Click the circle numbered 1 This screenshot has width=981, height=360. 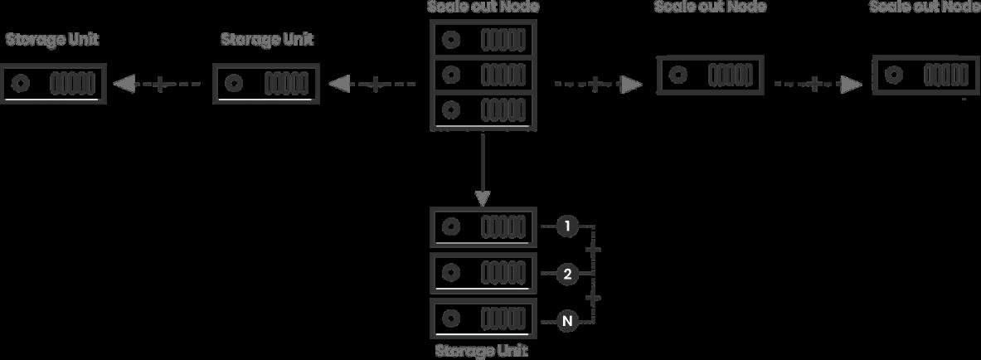pos(567,226)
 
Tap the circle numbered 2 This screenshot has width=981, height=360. pos(567,274)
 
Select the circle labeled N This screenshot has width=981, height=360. pos(567,320)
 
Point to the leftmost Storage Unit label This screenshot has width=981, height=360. pos(52,40)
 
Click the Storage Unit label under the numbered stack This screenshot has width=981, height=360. pos(482,350)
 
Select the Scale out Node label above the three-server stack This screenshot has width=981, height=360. pos(483,7)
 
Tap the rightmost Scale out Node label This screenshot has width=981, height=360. pos(925,7)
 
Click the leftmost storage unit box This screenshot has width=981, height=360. pos(54,84)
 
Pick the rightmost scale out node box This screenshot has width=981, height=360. pos(925,75)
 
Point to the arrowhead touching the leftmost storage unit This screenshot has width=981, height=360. pos(124,84)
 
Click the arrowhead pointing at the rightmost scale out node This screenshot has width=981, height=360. pos(851,84)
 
